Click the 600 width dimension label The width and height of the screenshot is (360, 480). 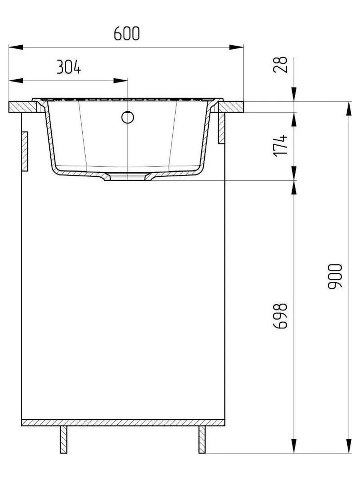(x=127, y=33)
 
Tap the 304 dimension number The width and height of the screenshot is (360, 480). (x=69, y=67)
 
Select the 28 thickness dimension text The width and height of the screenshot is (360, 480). (x=280, y=65)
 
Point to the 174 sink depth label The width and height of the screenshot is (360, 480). (x=280, y=146)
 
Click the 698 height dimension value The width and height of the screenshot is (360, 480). (x=280, y=316)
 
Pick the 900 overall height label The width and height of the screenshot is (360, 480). (x=335, y=277)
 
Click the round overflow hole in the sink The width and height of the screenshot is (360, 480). (x=128, y=117)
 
